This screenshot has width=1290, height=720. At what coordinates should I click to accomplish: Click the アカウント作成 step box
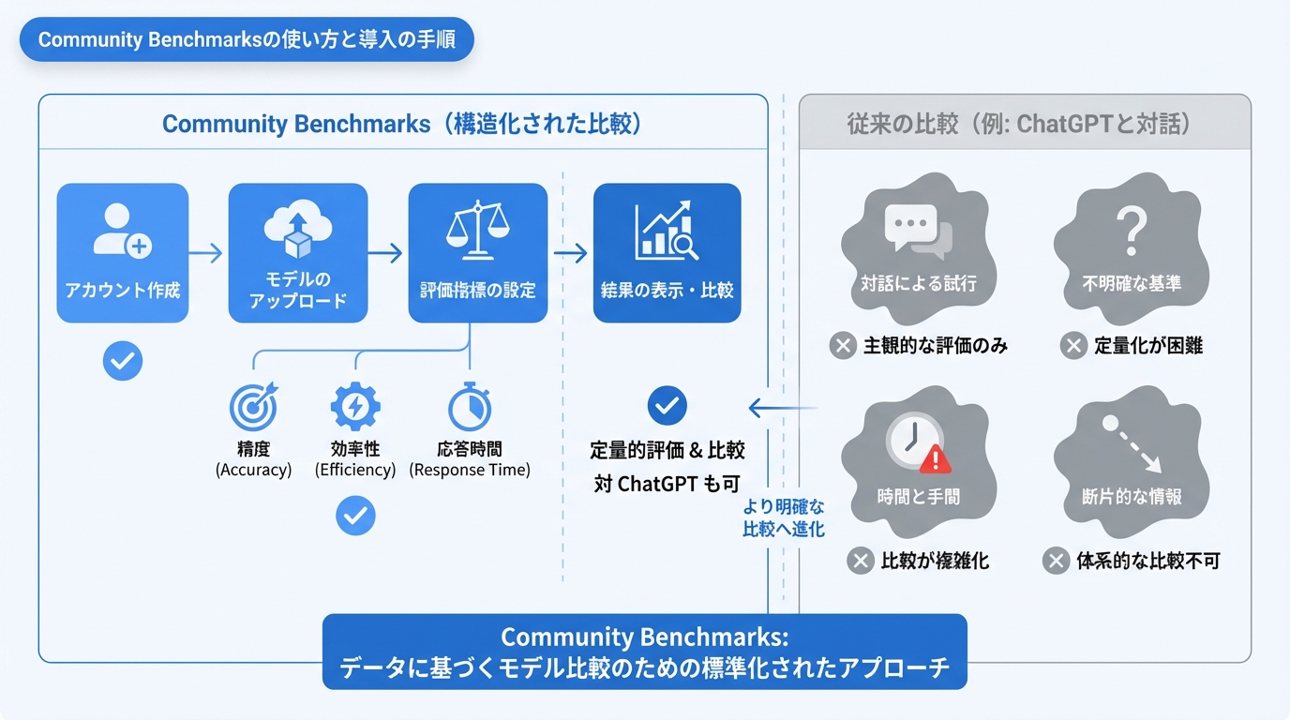point(123,253)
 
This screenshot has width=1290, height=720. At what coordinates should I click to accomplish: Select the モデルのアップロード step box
point(297,253)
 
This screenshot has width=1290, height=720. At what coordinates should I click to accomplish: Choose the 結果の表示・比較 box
point(667,253)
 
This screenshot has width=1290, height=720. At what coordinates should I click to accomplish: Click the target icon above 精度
point(253,407)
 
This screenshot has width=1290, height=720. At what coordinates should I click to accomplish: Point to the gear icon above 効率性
point(355,407)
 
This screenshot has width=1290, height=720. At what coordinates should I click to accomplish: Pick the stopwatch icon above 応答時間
point(470,407)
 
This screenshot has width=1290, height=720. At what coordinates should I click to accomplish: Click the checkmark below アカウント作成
point(123,361)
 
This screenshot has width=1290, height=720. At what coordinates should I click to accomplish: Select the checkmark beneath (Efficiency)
point(355,515)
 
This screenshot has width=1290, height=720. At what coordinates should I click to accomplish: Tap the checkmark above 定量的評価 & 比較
point(667,406)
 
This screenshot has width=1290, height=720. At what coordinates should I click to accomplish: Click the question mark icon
point(1131,229)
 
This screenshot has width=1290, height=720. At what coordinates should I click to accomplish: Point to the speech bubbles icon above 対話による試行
point(917,229)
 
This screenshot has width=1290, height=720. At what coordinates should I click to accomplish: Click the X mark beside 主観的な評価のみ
point(843,346)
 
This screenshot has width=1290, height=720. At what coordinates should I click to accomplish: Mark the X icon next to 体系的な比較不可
point(1056,562)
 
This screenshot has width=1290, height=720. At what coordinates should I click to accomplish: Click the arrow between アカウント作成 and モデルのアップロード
point(207,253)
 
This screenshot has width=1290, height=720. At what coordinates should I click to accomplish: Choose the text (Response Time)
point(470,470)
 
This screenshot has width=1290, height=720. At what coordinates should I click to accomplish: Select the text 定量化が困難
point(1147,346)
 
